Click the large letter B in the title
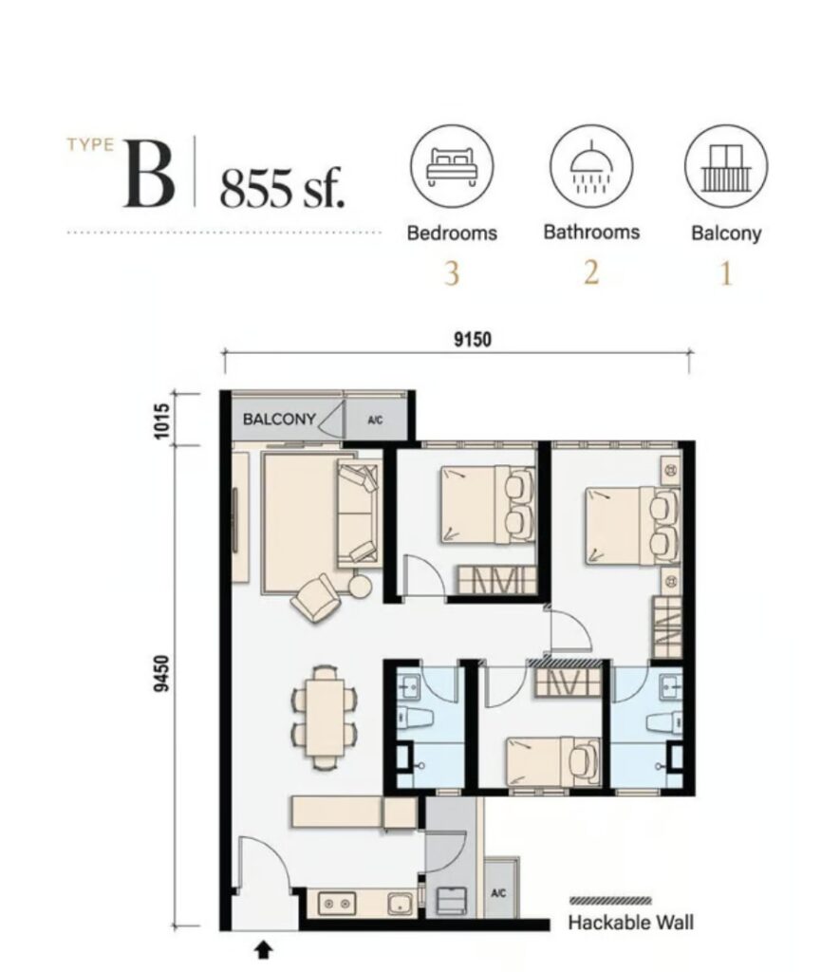(148, 174)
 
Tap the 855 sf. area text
(282, 188)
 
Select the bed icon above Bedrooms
(451, 166)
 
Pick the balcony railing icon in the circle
(726, 167)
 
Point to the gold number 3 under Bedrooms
(451, 273)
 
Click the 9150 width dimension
(473, 339)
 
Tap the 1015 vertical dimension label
(161, 421)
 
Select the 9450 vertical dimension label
(161, 673)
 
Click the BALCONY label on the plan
(279, 419)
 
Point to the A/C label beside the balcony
(374, 420)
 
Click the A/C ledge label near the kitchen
(498, 892)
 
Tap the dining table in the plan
(325, 718)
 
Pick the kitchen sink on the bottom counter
(401, 905)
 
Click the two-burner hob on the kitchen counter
(337, 904)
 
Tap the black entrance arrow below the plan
(264, 949)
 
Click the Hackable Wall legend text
(630, 923)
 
